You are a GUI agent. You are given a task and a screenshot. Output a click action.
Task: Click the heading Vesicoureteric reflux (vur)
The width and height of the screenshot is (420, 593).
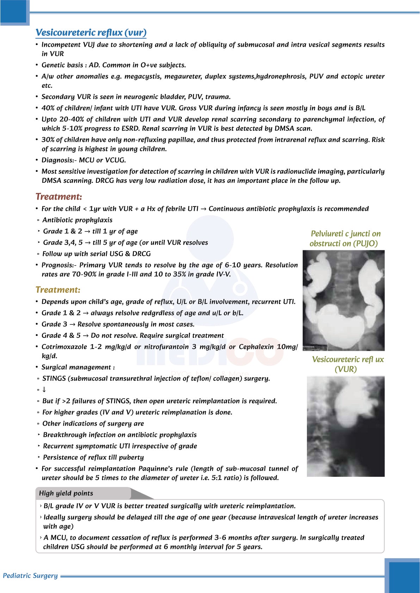pyautogui.click(x=91, y=32)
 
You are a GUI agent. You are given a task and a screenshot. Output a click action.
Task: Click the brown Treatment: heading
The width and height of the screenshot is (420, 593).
pyautogui.click(x=58, y=196)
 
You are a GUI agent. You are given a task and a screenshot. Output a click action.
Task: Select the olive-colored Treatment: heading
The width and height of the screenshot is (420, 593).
pyautogui.click(x=58, y=290)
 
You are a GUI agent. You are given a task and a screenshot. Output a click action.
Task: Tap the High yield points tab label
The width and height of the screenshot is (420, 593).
pyautogui.click(x=66, y=493)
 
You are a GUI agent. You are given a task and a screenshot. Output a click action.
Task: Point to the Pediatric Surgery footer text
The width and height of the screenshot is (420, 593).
pyautogui.click(x=30, y=575)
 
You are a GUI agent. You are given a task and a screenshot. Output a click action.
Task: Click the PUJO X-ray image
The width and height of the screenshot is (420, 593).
pyautogui.click(x=344, y=300)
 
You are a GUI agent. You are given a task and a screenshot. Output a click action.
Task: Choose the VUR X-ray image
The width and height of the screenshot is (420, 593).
pyautogui.click(x=345, y=426)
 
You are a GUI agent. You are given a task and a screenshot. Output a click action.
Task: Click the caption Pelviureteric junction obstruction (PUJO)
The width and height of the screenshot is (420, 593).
pyautogui.click(x=345, y=238)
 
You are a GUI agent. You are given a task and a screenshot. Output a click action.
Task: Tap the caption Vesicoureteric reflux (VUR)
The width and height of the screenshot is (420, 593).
pyautogui.click(x=347, y=364)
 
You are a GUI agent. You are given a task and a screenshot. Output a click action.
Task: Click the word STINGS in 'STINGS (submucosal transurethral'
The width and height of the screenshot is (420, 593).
pyautogui.click(x=54, y=379)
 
